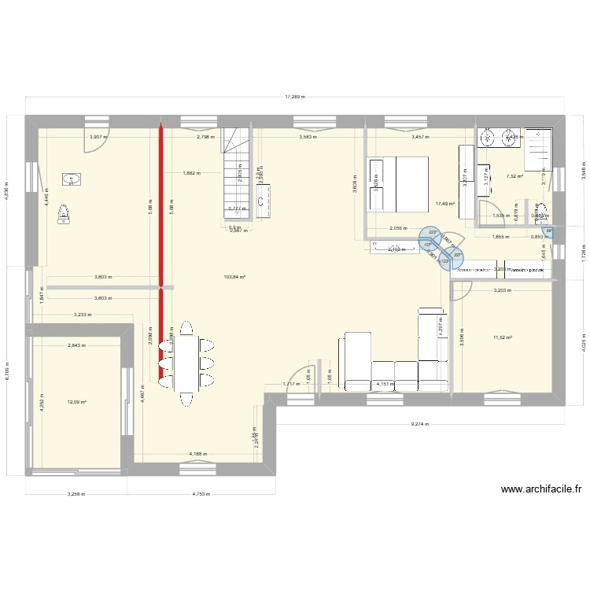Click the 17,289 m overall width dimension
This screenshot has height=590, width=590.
click(x=295, y=98)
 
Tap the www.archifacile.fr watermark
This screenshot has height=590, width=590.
click(x=541, y=489)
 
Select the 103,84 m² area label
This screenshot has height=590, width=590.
click(x=234, y=277)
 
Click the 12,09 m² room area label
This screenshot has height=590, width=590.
click(x=76, y=402)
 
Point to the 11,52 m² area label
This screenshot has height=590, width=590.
click(x=502, y=337)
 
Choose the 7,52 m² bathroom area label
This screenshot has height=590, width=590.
click(x=515, y=177)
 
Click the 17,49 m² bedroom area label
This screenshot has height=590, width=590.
click(x=444, y=204)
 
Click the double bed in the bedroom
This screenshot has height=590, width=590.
click(x=397, y=184)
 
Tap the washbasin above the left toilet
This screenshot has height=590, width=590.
click(x=73, y=180)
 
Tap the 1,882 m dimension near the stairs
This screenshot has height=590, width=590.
click(x=191, y=172)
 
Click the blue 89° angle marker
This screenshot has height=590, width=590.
click(x=549, y=232)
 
